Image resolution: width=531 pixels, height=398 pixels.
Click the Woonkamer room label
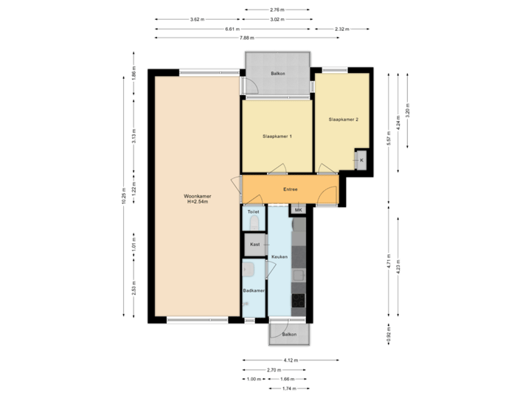pyautogui.click(x=198, y=196)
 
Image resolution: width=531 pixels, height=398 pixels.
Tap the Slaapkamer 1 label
pyautogui.click(x=278, y=136)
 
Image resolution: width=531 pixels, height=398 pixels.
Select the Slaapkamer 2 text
pyautogui.click(x=343, y=119)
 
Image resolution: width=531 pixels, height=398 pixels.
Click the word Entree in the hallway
pyautogui.click(x=290, y=189)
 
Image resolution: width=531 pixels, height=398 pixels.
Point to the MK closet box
pyautogui.click(x=298, y=210)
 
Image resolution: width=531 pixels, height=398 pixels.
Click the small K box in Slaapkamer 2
pyautogui.click(x=361, y=160)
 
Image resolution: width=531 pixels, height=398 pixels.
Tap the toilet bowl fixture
pyautogui.click(x=254, y=222)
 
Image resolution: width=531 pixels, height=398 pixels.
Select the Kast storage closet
pyautogui.click(x=254, y=243)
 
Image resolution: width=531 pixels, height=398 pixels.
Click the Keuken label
pyautogui.click(x=279, y=256)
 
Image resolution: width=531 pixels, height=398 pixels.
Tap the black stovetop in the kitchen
pyautogui.click(x=299, y=301)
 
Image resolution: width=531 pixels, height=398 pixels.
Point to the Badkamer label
pyautogui.click(x=254, y=291)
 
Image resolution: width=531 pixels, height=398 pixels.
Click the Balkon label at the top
pyautogui.click(x=278, y=74)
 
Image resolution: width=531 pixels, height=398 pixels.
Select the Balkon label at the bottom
pyautogui.click(x=289, y=334)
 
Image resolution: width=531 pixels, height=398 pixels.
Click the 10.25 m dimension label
pyautogui.click(x=124, y=195)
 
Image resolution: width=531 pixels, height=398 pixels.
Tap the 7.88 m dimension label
pyautogui.click(x=246, y=38)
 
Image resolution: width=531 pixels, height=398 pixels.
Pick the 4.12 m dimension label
pyautogui.click(x=291, y=360)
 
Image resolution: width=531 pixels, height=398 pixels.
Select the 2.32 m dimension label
pyautogui.click(x=341, y=29)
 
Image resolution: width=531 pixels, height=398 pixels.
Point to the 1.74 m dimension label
pyautogui.click(x=290, y=388)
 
